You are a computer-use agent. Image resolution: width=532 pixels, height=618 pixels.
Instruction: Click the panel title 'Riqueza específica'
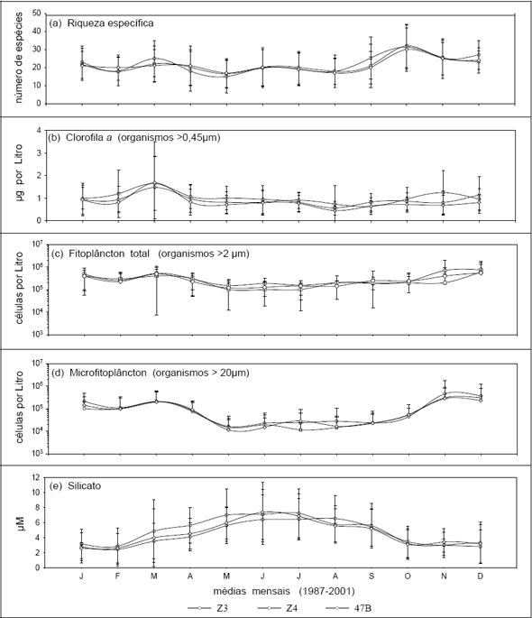pyautogui.click(x=110, y=23)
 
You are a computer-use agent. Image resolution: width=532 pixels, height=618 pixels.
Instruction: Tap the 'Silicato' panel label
pyautogui.click(x=85, y=486)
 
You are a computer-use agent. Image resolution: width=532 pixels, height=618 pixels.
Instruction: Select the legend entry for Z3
pyautogui.click(x=208, y=608)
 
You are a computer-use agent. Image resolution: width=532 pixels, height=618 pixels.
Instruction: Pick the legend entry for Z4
pyautogui.click(x=278, y=608)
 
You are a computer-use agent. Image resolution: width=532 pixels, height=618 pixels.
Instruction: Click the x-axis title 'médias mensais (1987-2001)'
pyautogui.click(x=284, y=591)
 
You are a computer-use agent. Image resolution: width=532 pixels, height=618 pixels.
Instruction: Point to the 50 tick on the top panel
pyautogui.click(x=37, y=14)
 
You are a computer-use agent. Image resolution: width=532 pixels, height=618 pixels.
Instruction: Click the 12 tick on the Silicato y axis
pyautogui.click(x=37, y=477)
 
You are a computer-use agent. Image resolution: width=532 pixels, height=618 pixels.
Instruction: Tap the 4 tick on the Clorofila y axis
pyautogui.click(x=39, y=131)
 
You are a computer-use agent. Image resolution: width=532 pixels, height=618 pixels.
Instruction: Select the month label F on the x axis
pyautogui.click(x=117, y=576)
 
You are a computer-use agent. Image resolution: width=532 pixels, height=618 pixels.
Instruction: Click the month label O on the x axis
pyautogui.click(x=408, y=576)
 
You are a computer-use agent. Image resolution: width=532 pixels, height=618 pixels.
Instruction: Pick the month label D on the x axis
pyautogui.click(x=480, y=576)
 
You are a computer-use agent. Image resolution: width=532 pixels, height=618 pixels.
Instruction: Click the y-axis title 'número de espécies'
pyautogui.click(x=19, y=58)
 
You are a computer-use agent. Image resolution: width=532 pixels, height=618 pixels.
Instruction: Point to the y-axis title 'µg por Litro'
pyautogui.click(x=19, y=172)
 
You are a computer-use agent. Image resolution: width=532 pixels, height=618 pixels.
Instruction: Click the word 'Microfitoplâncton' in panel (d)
pyautogui.click(x=108, y=373)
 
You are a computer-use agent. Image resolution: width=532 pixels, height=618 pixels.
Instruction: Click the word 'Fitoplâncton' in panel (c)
pyautogui.click(x=97, y=254)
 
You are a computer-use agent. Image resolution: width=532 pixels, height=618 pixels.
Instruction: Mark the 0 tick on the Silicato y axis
pyautogui.click(x=39, y=568)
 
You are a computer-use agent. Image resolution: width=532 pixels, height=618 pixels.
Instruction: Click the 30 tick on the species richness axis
pyautogui.click(x=37, y=50)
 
